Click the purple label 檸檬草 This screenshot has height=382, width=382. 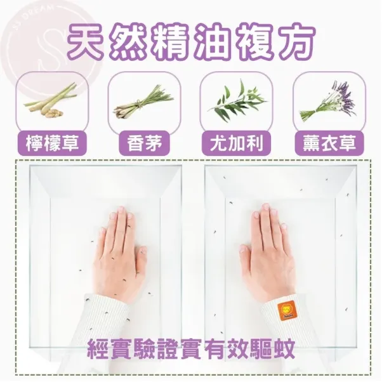tap(53, 143)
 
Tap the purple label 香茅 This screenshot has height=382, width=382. tap(144, 143)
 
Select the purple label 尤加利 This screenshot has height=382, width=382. tap(237, 143)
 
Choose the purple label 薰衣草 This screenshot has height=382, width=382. tap(329, 143)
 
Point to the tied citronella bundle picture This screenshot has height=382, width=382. tap(143, 102)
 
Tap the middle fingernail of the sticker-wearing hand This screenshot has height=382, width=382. tap(265, 207)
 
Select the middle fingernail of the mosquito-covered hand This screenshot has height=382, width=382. tap(121, 209)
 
